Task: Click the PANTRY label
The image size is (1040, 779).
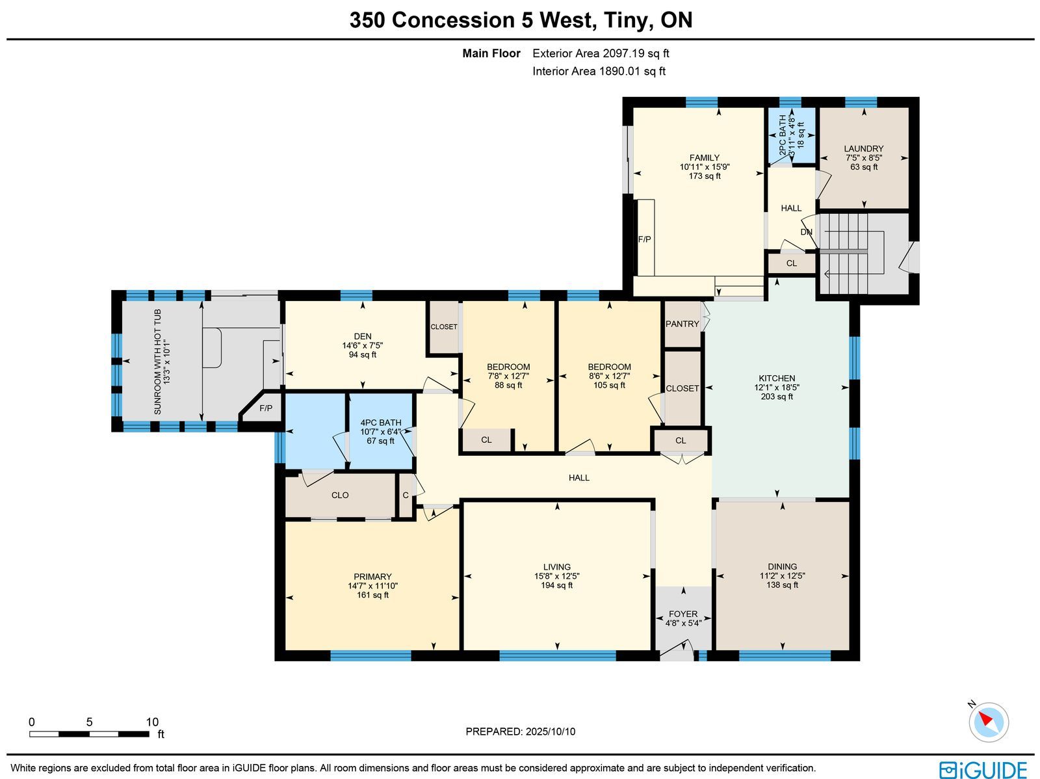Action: click(682, 324)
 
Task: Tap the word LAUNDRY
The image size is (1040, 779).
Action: click(864, 149)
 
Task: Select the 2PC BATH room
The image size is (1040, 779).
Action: click(791, 135)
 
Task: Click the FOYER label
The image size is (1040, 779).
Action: click(683, 614)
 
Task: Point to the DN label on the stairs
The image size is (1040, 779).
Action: click(807, 232)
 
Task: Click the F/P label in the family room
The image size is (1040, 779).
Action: click(644, 240)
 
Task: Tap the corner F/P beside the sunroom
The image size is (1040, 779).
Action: click(266, 408)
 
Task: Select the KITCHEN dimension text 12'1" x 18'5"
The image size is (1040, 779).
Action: click(777, 388)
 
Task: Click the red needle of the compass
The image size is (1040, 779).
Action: click(985, 719)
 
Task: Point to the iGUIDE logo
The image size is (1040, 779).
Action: click(983, 770)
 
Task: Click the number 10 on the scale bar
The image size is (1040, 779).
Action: click(152, 722)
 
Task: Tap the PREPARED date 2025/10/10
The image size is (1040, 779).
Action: click(551, 732)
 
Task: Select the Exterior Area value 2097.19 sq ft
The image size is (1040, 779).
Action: click(636, 53)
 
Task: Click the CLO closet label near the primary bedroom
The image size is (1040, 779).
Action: click(340, 495)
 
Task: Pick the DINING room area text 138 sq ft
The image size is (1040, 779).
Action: click(782, 585)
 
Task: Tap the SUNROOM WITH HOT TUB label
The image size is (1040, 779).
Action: click(158, 362)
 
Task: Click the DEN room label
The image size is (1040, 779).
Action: click(363, 336)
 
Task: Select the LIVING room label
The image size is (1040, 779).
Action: click(556, 567)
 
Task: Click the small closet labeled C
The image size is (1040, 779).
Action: click(406, 495)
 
